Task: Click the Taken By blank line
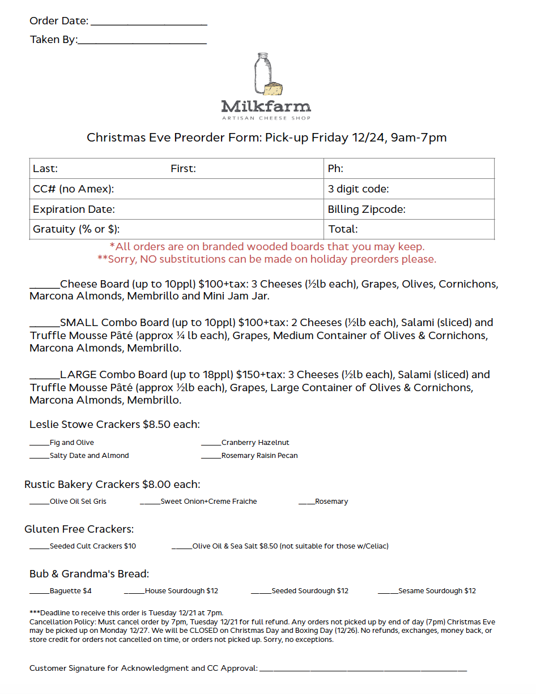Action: click(x=142, y=42)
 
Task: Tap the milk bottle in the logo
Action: click(x=262, y=74)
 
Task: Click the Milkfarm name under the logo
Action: click(x=266, y=106)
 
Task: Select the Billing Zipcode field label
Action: click(x=367, y=209)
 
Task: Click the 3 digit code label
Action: click(x=358, y=189)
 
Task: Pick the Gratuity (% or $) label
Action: click(x=76, y=229)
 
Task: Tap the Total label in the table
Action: click(x=343, y=229)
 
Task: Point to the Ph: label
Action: click(x=335, y=169)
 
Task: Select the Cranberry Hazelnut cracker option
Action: click(x=255, y=443)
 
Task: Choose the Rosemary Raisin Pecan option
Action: click(x=259, y=456)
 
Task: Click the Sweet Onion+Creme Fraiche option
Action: click(x=209, y=502)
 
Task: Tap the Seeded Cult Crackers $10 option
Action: click(x=92, y=546)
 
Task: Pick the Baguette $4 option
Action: click(x=70, y=591)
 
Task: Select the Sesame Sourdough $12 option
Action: click(x=437, y=591)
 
